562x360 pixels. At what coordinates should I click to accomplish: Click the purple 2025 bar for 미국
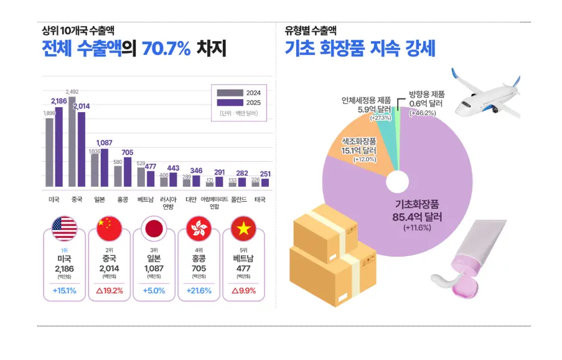coord(59,146)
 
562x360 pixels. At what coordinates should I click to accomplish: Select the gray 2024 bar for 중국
coord(72,141)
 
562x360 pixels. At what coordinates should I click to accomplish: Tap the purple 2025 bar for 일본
coord(105,168)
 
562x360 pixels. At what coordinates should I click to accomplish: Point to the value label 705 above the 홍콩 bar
coord(127,153)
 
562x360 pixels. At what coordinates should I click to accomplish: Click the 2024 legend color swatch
coord(230,93)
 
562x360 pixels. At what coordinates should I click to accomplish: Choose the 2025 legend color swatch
coord(230,103)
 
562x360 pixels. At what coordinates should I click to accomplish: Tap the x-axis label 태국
coord(260,199)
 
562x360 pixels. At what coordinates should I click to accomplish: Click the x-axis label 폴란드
coord(239,199)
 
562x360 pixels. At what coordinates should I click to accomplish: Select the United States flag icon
coord(65,229)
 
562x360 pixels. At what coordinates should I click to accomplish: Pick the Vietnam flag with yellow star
coord(244,229)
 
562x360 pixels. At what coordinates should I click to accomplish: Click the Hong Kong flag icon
coord(199,229)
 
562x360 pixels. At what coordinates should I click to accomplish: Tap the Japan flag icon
coord(154,229)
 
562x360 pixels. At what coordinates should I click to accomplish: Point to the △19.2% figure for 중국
coord(110,290)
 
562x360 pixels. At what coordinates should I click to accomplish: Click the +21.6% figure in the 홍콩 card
coord(199,290)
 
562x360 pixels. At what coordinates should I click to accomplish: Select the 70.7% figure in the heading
coord(166,49)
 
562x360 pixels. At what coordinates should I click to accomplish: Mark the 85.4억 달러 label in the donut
coord(417,217)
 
